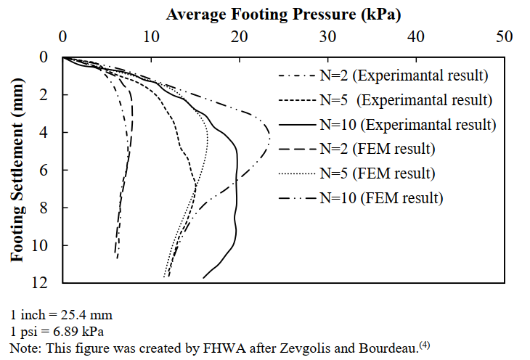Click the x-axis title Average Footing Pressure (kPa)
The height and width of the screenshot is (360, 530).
click(284, 14)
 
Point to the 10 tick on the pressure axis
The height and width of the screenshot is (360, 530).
click(152, 36)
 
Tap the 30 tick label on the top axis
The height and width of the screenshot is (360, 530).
click(328, 36)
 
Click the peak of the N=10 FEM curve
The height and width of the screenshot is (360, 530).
click(270, 138)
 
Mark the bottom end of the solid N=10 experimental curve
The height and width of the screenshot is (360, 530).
click(203, 277)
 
